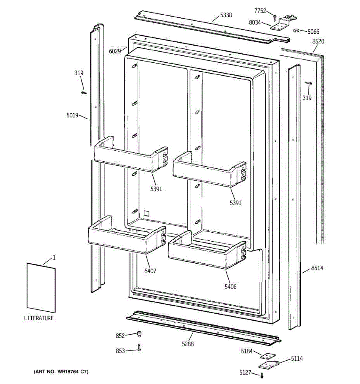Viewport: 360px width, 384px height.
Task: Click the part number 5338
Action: tap(226, 15)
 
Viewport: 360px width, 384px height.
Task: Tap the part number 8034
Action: tap(255, 23)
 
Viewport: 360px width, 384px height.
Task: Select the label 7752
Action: tap(260, 11)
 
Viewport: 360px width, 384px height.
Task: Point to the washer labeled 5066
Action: tap(296, 31)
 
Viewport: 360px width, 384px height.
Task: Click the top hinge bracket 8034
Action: tap(283, 22)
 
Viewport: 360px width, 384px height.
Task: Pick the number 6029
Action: tap(115, 51)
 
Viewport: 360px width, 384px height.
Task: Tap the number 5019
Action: tap(72, 115)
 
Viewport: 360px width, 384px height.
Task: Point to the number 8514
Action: tap(317, 268)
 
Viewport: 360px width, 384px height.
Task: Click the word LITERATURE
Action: tap(39, 318)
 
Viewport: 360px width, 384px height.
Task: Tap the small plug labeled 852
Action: tap(139, 334)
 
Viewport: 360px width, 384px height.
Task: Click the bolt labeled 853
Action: tap(139, 348)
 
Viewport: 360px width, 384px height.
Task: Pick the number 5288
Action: tap(188, 344)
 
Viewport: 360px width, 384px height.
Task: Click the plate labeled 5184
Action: tap(265, 356)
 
